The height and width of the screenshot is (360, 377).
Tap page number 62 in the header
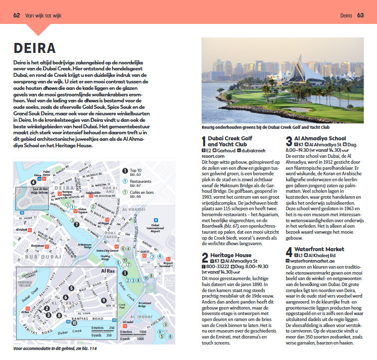(x=16, y=15)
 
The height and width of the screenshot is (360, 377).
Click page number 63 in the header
(x=360, y=15)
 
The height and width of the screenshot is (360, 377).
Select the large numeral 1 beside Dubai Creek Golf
(x=203, y=141)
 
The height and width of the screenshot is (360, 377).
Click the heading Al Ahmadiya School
(x=319, y=138)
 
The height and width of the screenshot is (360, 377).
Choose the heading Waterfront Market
(x=319, y=249)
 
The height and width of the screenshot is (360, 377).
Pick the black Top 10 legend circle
(x=125, y=171)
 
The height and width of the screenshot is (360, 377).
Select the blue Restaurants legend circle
(x=125, y=180)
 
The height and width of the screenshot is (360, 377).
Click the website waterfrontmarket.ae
(x=314, y=261)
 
